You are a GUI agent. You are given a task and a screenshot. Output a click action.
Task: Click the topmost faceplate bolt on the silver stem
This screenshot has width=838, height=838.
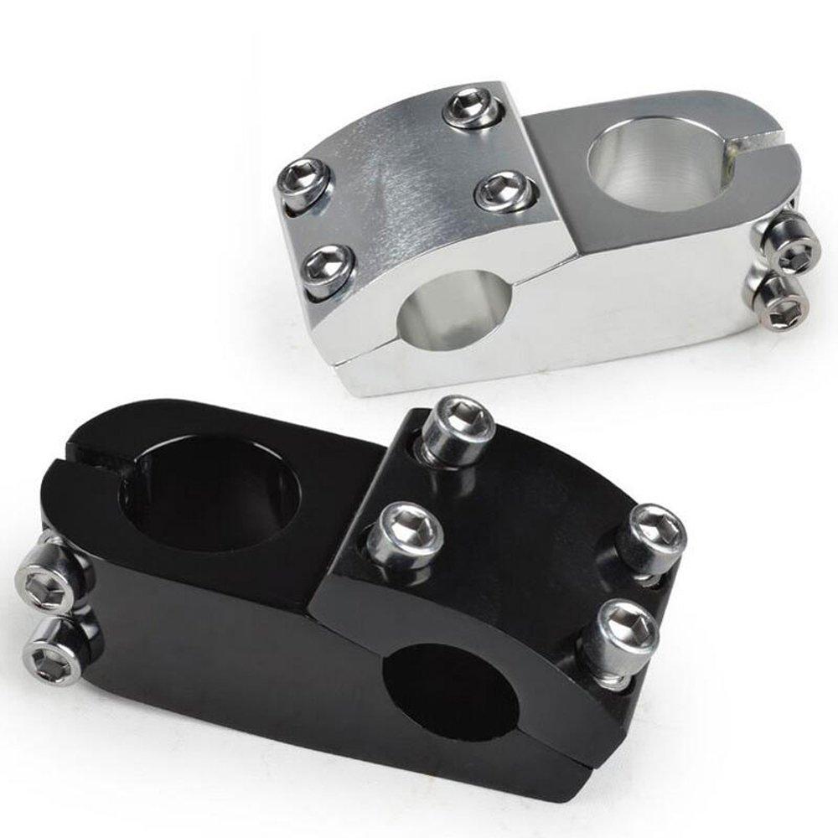coord(472,107)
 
